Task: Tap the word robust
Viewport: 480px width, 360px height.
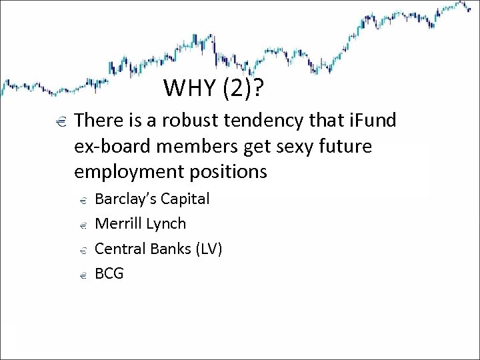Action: coord(172,121)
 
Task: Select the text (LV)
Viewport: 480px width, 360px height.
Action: coord(208,249)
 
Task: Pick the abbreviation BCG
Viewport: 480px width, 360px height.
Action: coord(110,273)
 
